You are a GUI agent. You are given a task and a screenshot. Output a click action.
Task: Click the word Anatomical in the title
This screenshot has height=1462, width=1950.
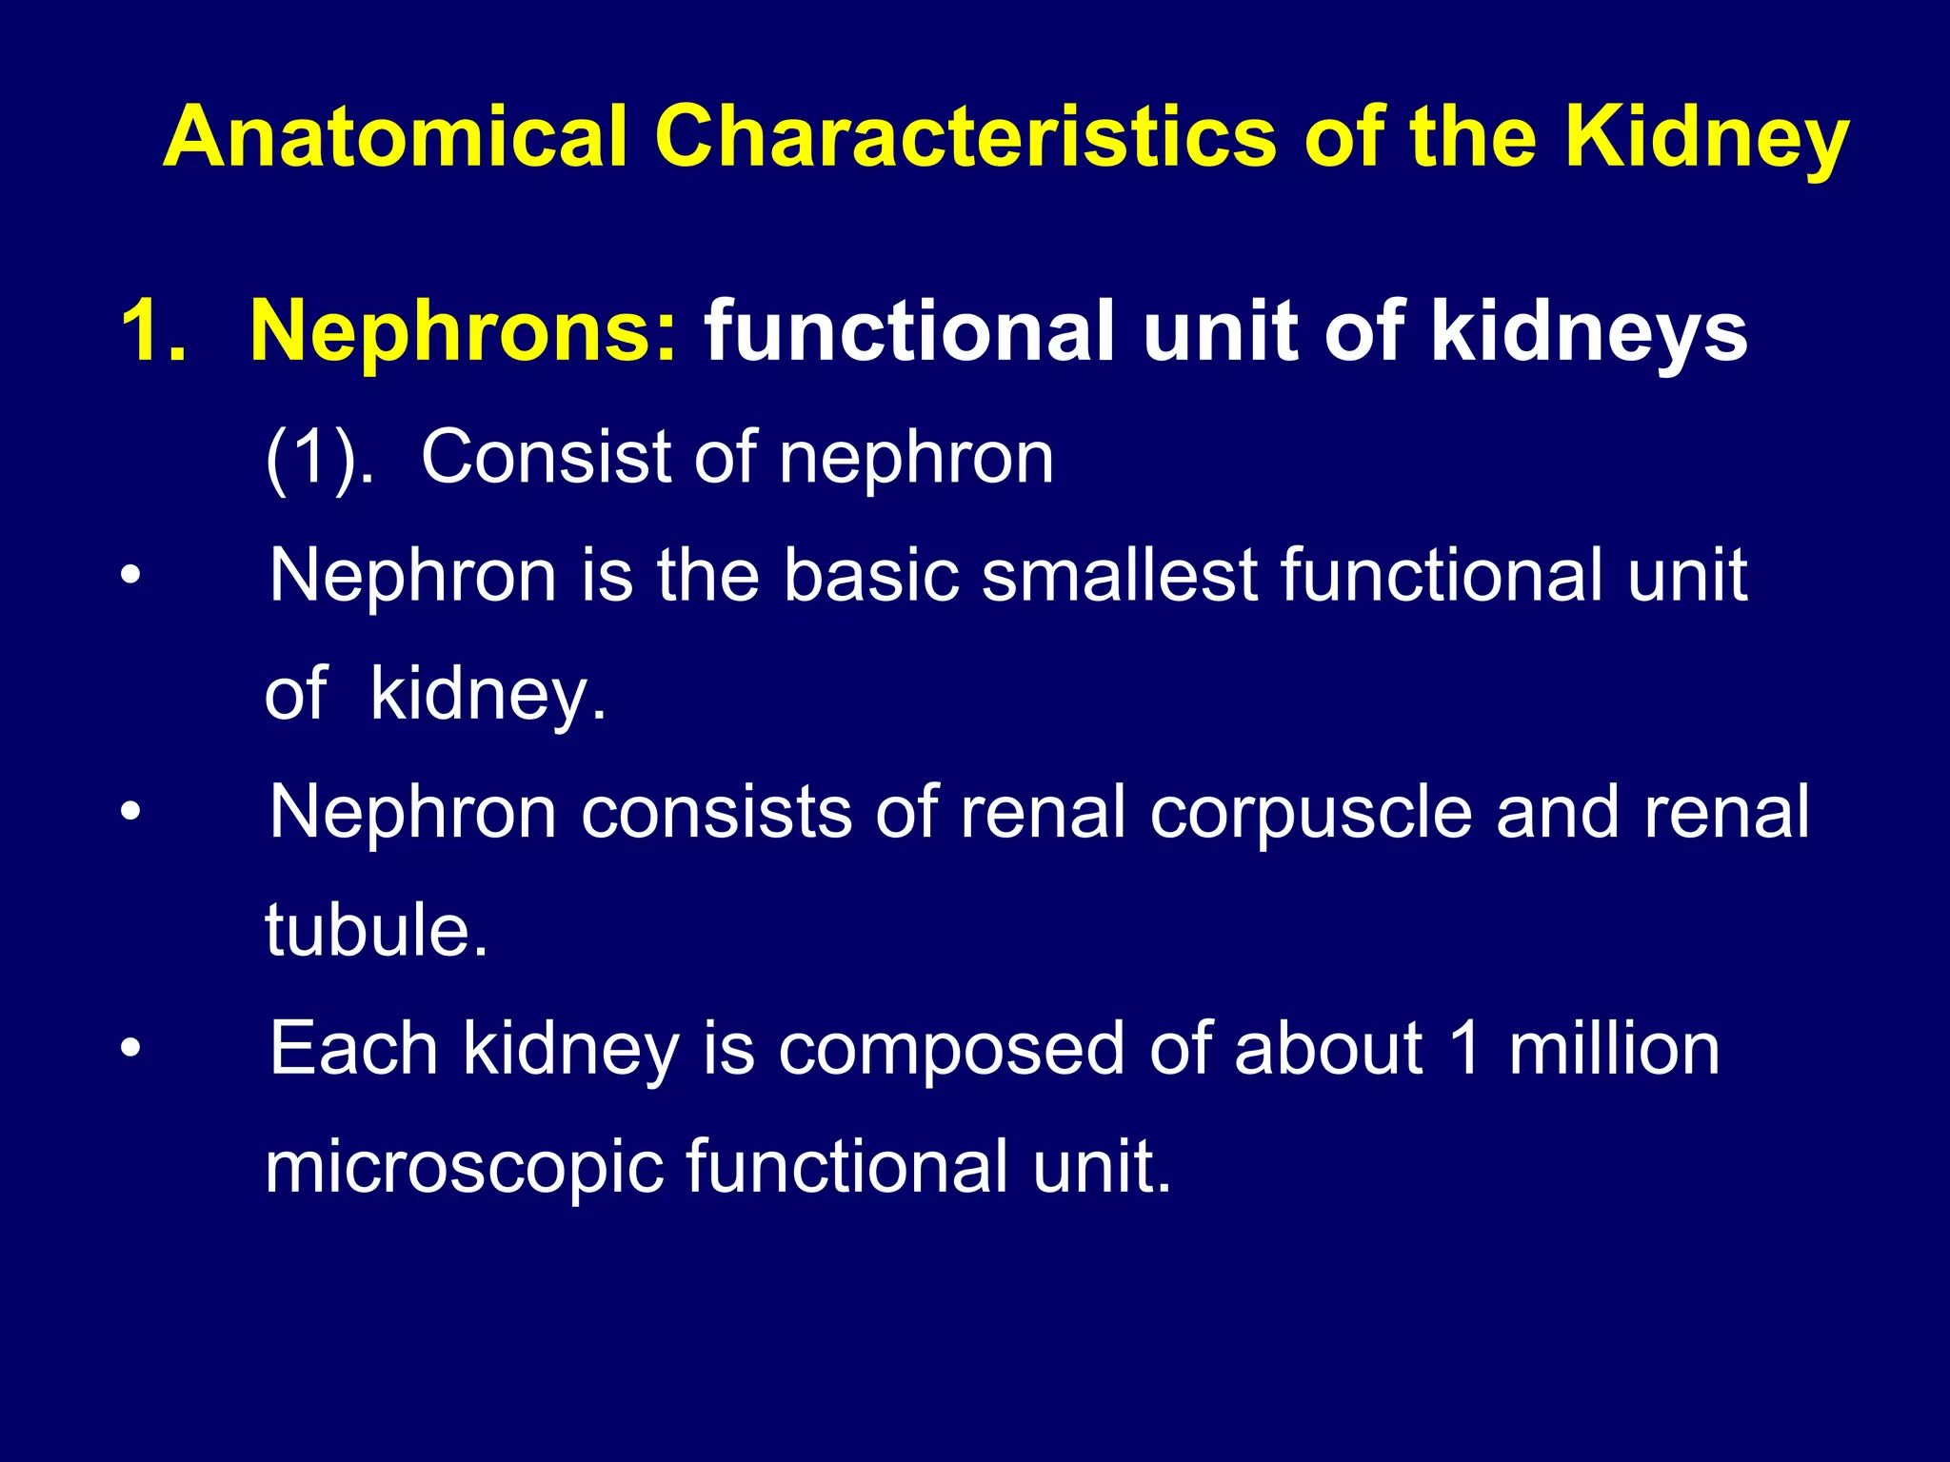(396, 137)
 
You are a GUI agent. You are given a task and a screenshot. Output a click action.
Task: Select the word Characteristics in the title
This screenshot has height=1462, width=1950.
(965, 137)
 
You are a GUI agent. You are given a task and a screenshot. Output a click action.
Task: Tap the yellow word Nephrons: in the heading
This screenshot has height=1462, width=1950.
(464, 331)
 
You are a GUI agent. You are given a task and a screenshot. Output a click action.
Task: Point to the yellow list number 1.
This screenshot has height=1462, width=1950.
(152, 331)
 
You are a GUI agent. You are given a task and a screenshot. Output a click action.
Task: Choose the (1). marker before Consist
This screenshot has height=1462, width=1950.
(320, 459)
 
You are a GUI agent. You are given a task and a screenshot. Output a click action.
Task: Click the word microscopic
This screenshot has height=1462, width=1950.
(464, 1169)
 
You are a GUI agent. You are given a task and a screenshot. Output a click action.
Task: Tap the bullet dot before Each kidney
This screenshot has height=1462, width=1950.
(130, 1049)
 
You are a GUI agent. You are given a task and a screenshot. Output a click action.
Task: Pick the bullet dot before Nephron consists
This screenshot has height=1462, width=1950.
(130, 813)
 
